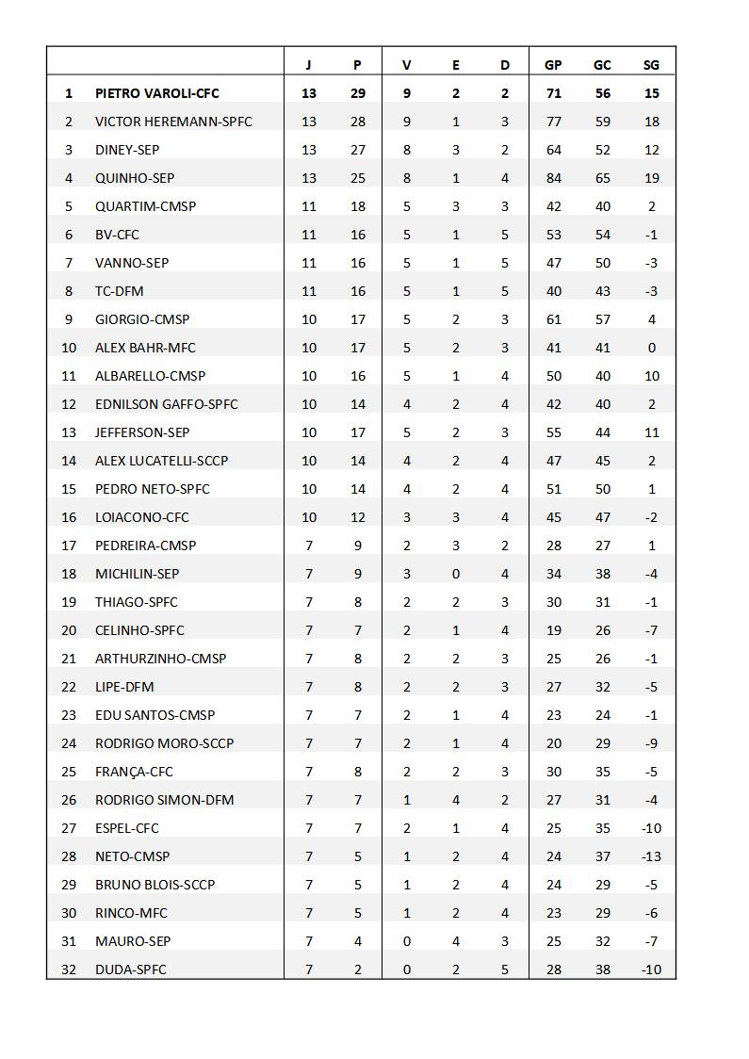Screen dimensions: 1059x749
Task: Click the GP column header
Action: [553, 65]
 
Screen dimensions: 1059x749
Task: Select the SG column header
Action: [651, 65]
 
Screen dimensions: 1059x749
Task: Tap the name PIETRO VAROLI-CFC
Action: [157, 93]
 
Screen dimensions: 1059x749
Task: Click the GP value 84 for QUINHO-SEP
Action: [553, 178]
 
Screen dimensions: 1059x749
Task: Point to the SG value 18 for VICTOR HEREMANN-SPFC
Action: [651, 122]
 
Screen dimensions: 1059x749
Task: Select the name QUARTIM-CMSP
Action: [145, 206]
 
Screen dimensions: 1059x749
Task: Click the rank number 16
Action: [69, 517]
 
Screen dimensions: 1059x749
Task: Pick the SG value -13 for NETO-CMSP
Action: [651, 856]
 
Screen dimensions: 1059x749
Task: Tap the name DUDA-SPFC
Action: [130, 969]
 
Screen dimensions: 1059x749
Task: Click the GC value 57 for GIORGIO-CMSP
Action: [602, 319]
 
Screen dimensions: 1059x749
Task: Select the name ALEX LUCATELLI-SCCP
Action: [161, 461]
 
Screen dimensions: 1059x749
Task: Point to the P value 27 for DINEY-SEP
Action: [357, 150]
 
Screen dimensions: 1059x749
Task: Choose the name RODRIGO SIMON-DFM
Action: [164, 800]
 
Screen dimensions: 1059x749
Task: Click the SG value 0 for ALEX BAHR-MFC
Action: [651, 348]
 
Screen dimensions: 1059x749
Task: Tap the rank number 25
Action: [69, 772]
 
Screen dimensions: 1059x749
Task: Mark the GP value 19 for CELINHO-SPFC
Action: [553, 630]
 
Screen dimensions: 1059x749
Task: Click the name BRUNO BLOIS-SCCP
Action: [155, 885]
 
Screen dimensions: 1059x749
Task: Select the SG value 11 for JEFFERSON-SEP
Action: [651, 432]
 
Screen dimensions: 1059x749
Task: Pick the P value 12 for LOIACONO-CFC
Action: [357, 517]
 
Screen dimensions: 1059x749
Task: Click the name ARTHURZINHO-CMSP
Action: [160, 659]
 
